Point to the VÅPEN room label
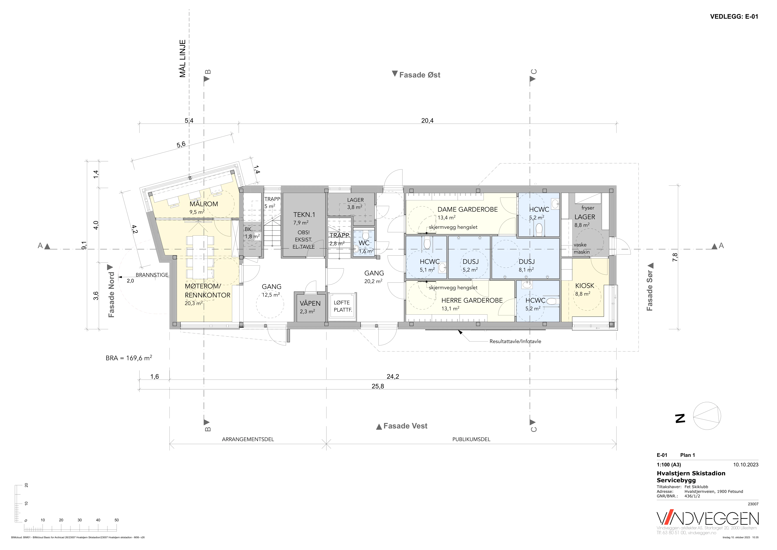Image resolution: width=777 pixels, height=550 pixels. [310, 304]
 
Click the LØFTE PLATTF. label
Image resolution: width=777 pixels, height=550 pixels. [343, 306]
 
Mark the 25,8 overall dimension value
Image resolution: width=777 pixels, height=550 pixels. [378, 386]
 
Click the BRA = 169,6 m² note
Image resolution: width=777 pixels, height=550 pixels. [129, 358]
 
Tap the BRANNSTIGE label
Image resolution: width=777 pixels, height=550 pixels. [152, 275]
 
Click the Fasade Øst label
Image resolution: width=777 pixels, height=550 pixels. [420, 75]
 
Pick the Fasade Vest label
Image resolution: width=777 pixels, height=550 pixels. [405, 426]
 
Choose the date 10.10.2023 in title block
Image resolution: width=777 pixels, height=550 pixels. [746, 465]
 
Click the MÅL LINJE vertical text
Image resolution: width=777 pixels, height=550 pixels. [183, 59]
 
